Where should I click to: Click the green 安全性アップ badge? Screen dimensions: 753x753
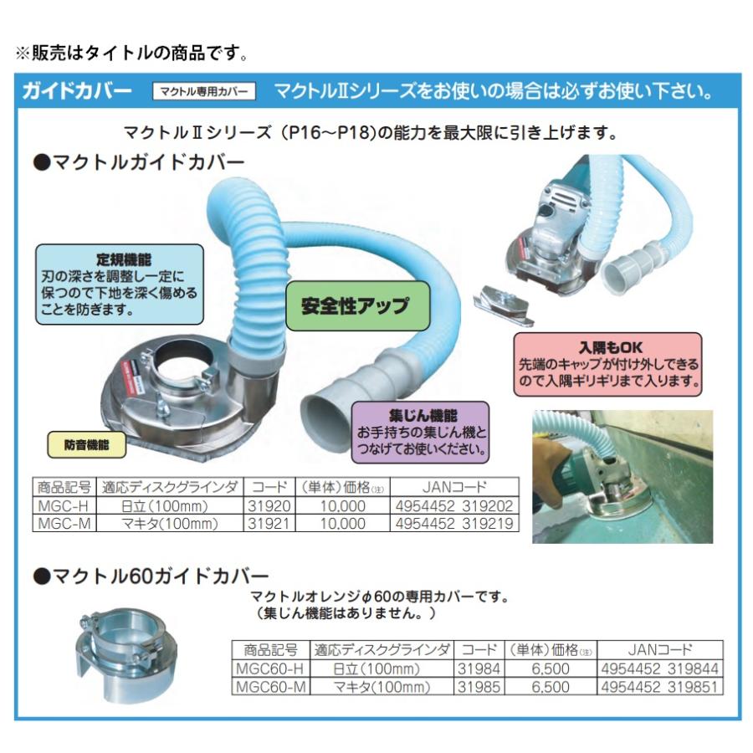point(355,305)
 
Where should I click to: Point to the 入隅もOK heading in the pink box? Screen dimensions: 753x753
point(608,345)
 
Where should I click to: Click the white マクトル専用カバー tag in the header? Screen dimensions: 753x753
point(203,91)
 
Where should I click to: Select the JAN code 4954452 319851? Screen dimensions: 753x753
point(660,687)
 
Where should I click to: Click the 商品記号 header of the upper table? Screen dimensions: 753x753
point(64,486)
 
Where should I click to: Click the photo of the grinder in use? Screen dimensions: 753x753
point(622,476)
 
